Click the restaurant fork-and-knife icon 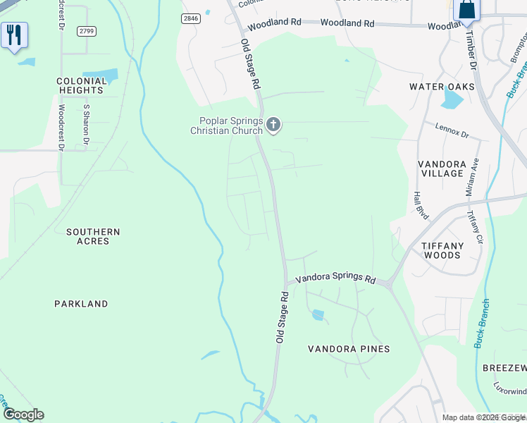click(14, 35)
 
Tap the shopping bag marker click(466, 11)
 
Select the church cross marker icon click(273, 125)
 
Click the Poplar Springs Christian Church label click(226, 125)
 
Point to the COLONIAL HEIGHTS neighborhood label click(82, 85)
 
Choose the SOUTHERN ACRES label click(93, 236)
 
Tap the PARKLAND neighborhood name click(81, 304)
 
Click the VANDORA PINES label click(349, 349)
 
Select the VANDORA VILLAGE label click(442, 168)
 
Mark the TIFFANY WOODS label click(442, 250)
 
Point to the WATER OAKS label click(442, 87)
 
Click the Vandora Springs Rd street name click(335, 278)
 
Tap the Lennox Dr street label click(452, 132)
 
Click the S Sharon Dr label click(86, 125)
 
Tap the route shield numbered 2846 click(191, 19)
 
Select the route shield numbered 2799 click(86, 31)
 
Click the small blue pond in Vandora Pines click(318, 315)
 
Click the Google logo click(23, 415)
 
